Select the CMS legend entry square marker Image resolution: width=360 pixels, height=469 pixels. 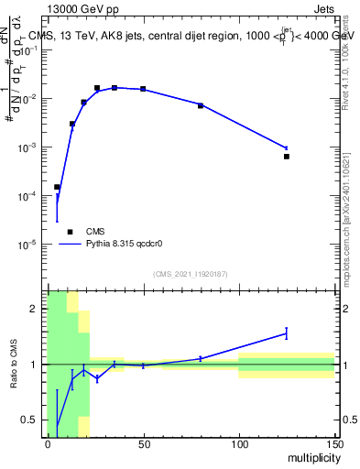pos(70,232)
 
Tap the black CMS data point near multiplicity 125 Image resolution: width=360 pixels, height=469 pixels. pos(287,157)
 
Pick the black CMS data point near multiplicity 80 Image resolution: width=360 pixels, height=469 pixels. pos(201,106)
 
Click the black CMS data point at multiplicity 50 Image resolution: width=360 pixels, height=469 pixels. pos(143,89)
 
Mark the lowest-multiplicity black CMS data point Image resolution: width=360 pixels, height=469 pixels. pos(57,187)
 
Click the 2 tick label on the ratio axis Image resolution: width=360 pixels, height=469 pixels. pos(37,309)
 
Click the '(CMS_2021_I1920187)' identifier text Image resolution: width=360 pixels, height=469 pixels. pos(190,274)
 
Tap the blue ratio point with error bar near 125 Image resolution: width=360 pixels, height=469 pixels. pos(287,333)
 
